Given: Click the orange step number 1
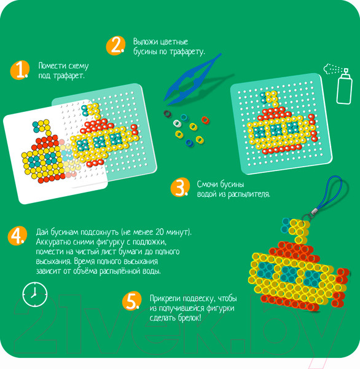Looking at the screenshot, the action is click(x=20, y=70).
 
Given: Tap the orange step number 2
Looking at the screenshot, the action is click(x=115, y=46).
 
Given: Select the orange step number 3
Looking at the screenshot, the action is click(x=181, y=187).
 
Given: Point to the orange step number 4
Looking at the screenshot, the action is click(x=17, y=236).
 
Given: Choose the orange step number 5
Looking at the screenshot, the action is click(x=132, y=301).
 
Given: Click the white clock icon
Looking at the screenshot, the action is click(x=35, y=294).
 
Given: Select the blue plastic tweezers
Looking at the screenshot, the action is click(x=192, y=79).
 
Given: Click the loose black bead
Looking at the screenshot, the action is click(x=168, y=114).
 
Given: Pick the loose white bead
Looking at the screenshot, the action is click(x=177, y=123).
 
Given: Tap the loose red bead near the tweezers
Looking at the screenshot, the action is click(x=205, y=120).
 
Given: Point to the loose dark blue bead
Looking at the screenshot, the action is click(x=189, y=143).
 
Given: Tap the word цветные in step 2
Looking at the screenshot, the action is click(x=174, y=42).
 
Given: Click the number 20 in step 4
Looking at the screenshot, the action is click(x=160, y=232).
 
